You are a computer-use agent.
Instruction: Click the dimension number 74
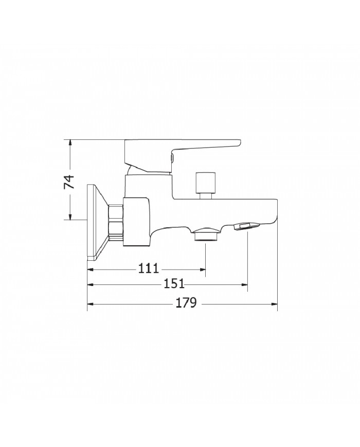point(69,182)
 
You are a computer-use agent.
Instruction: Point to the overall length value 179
point(186,303)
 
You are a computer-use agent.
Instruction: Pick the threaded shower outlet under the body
point(206,235)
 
